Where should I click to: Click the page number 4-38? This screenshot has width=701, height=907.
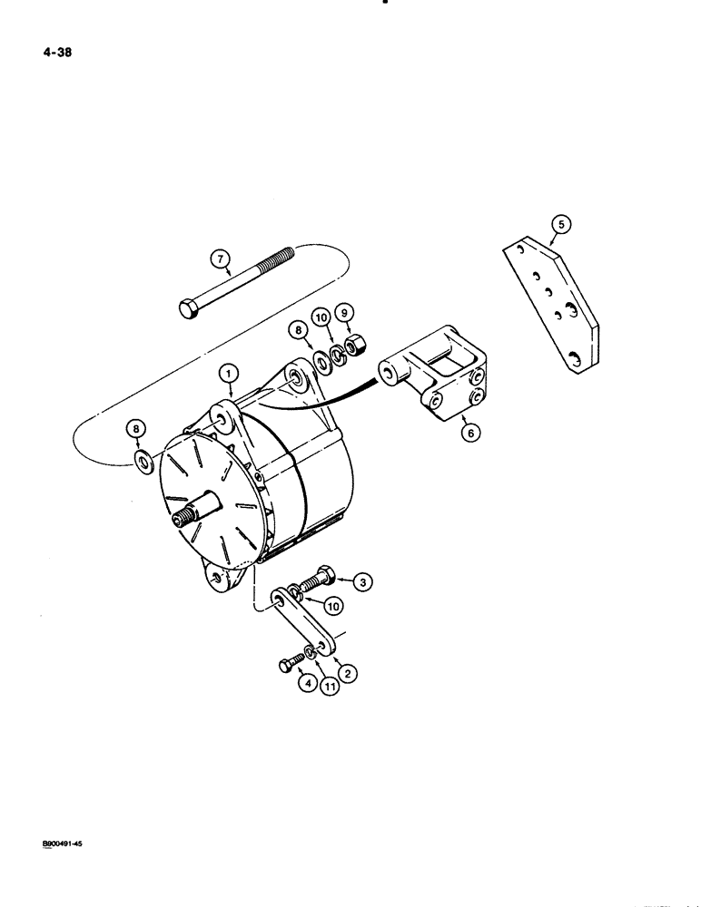[x=56, y=53]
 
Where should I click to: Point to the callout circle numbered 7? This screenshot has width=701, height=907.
[x=219, y=259]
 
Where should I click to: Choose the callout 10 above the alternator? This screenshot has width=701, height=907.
[x=320, y=317]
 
